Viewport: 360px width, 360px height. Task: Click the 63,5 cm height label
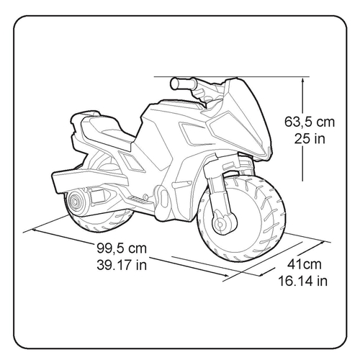(x=310, y=122)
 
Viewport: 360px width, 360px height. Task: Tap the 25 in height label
(x=310, y=138)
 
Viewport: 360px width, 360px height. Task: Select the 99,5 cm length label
(x=122, y=248)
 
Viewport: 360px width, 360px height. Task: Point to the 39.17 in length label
(x=122, y=265)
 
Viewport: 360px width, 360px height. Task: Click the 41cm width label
(x=305, y=264)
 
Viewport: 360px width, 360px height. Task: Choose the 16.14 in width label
(x=303, y=281)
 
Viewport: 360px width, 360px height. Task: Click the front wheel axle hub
(x=220, y=225)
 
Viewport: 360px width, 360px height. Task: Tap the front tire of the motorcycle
(x=241, y=220)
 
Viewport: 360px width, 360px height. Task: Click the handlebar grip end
(x=174, y=84)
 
